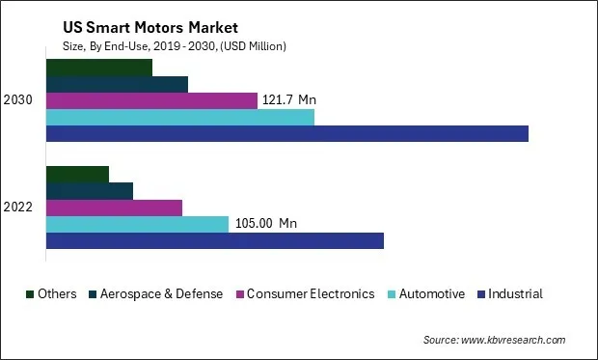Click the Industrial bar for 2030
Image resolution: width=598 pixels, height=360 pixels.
287,133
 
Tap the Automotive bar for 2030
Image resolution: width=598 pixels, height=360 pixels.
180,117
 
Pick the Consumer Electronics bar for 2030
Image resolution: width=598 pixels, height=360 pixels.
151,100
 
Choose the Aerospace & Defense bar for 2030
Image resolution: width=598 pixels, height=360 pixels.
117,84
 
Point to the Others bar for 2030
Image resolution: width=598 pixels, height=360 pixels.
99,68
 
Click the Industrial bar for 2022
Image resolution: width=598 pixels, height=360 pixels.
215,240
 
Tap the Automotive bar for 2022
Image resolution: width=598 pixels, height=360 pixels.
137,224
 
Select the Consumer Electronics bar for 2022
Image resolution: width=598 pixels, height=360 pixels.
114,208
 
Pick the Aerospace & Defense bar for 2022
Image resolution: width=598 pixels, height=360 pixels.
90,191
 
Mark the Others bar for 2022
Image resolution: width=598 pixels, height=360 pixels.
77,175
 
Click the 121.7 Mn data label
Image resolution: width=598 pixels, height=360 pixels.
289,100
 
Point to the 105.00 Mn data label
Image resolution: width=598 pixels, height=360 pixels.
266,224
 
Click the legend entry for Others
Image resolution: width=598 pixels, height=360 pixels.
57,294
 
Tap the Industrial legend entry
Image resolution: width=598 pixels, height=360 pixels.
515,294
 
